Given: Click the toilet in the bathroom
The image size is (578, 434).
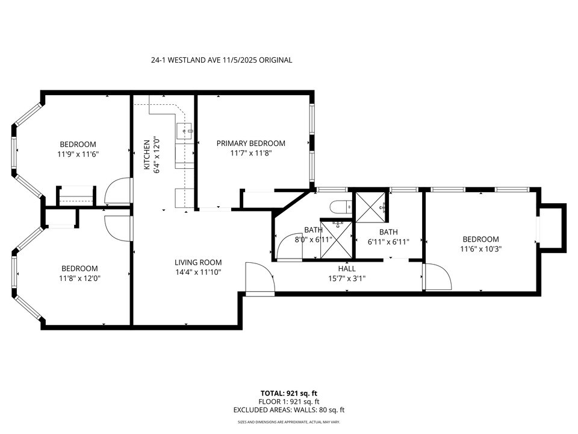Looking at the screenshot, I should click(x=340, y=207).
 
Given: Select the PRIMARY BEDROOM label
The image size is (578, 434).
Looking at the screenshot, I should click(x=250, y=143).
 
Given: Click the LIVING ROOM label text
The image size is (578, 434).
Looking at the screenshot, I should click(x=198, y=262).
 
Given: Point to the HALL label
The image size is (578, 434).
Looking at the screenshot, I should click(x=347, y=269).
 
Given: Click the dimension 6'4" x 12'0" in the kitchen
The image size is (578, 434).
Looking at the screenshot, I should click(x=156, y=154).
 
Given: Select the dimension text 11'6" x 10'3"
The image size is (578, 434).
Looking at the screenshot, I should click(x=480, y=248).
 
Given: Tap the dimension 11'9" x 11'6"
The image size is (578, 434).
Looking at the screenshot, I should click(x=78, y=154).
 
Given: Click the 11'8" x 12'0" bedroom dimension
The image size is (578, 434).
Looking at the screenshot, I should click(x=79, y=278).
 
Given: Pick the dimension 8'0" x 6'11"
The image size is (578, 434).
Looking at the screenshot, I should click(x=313, y=239).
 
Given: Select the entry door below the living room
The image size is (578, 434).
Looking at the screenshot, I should click(x=259, y=279).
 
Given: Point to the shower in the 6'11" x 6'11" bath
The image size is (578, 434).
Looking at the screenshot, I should click(x=370, y=206).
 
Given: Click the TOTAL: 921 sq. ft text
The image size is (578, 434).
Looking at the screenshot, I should click(x=288, y=392).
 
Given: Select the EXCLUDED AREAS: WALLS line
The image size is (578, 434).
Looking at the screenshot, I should click(x=288, y=410).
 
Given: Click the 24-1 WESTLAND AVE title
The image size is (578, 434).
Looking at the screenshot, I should click(x=221, y=60).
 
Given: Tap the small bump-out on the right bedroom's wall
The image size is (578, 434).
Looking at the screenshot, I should click(x=553, y=227).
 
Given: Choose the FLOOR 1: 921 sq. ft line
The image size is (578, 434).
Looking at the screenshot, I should click(x=288, y=401).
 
